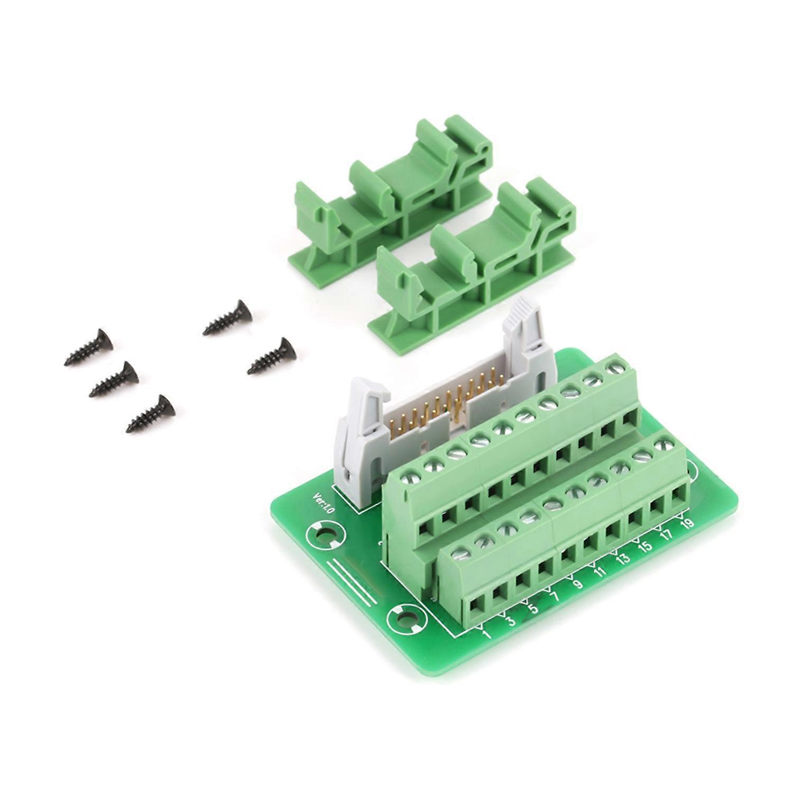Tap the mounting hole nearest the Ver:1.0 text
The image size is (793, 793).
(324, 536)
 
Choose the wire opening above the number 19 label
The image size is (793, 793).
(678, 497)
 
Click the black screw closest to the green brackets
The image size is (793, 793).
(227, 317)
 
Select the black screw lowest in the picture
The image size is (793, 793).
(151, 412)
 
